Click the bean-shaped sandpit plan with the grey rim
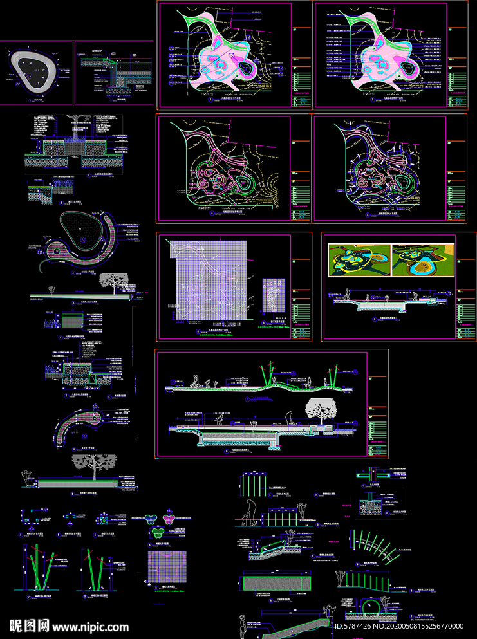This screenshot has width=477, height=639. tap(36, 71)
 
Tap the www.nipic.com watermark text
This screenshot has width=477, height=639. tap(90, 626)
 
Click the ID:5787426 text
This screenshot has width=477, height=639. tap(358, 625)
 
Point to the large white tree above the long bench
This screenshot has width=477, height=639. tap(95, 463)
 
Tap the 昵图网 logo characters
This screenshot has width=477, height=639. tap(30, 625)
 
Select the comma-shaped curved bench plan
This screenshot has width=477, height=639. tap(79, 425)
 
